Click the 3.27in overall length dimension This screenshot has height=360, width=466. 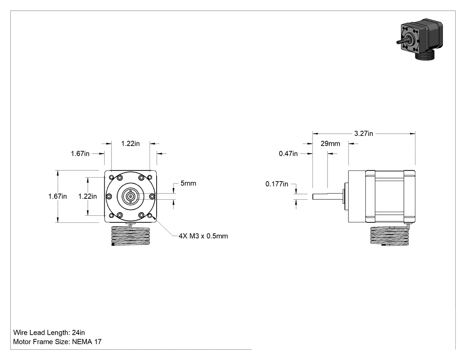click(x=363, y=134)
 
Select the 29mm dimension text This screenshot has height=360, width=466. click(x=330, y=143)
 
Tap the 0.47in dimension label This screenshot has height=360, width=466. click(x=288, y=154)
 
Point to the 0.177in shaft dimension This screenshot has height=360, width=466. click(x=276, y=184)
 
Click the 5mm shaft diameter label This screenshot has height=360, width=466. click(x=188, y=183)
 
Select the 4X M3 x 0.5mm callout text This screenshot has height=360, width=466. click(x=203, y=236)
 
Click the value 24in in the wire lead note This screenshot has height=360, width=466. click(x=79, y=332)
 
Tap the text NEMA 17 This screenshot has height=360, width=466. click(x=87, y=342)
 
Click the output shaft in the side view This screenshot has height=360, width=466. click(x=328, y=197)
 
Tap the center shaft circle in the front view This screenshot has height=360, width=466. click(x=130, y=196)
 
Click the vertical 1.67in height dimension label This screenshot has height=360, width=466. click(x=57, y=197)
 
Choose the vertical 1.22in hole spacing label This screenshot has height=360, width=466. click(x=87, y=197)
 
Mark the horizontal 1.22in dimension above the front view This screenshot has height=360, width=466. click(x=130, y=143)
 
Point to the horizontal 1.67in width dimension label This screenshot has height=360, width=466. click(x=80, y=154)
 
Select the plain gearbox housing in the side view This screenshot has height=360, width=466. click(x=357, y=196)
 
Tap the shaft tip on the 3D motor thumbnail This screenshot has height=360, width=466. click(x=398, y=43)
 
